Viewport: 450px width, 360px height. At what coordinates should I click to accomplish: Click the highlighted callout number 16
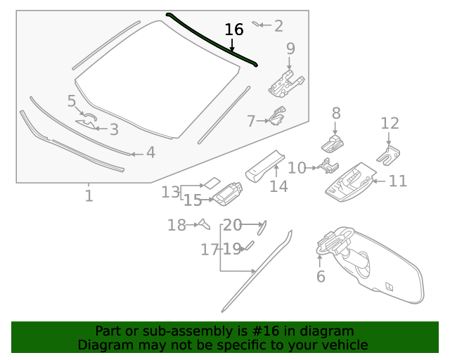(233, 30)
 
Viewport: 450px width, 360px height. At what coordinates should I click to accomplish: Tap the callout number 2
(278, 26)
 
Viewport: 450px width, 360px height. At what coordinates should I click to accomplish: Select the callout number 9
(290, 49)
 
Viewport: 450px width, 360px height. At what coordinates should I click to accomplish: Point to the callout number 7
(251, 121)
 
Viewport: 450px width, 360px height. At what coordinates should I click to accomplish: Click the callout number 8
(336, 112)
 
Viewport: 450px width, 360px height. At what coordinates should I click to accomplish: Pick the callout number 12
(390, 124)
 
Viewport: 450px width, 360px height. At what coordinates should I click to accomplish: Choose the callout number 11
(398, 181)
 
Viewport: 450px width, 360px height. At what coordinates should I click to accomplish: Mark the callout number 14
(278, 186)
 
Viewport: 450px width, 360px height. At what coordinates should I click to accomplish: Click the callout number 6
(321, 276)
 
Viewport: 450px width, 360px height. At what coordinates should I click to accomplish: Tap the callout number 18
(176, 225)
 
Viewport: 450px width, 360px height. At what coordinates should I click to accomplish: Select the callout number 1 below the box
(89, 195)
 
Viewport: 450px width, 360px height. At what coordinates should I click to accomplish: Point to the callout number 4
(150, 152)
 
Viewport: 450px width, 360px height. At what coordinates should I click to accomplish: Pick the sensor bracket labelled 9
(286, 82)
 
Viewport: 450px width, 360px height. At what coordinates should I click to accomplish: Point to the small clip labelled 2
(256, 24)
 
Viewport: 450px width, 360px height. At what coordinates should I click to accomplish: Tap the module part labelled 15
(227, 195)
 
